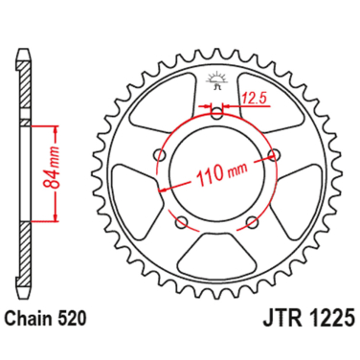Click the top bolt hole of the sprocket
click(217, 113)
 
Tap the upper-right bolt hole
click(276, 154)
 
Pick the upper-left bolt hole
click(160, 154)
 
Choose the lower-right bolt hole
click(253, 222)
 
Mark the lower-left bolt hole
click(182, 222)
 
